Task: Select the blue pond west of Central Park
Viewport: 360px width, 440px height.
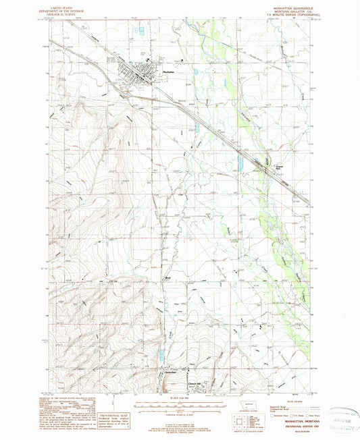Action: pyautogui.click(x=240, y=163)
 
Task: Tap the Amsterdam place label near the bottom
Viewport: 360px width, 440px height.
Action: pyautogui.click(x=169, y=373)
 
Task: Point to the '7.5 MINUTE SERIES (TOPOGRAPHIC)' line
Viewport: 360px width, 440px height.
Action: pyautogui.click(x=286, y=14)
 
